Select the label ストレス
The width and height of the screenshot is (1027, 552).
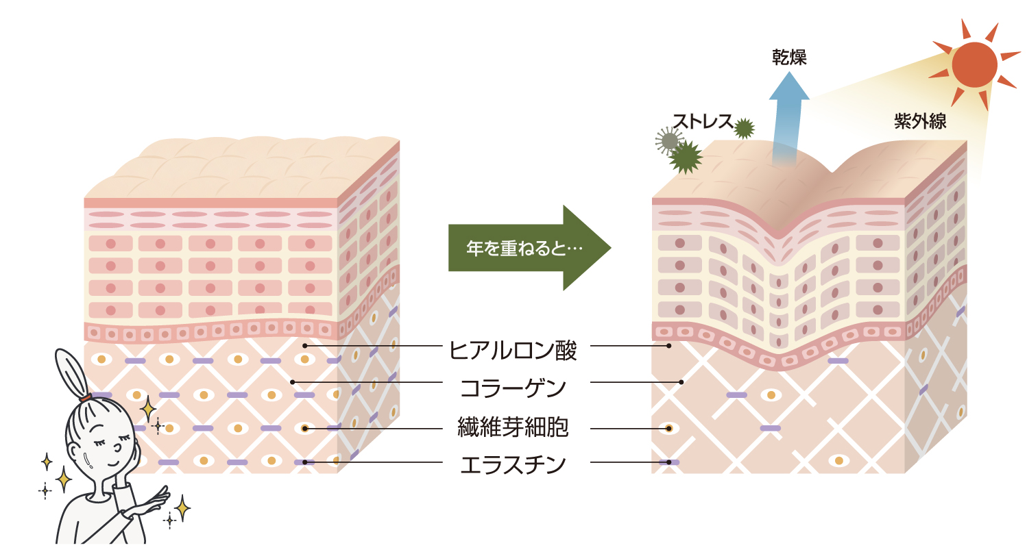point(703,121)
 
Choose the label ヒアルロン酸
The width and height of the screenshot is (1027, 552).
point(513,350)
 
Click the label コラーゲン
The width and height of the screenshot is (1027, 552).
point(513,388)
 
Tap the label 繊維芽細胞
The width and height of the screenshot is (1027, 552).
point(513,428)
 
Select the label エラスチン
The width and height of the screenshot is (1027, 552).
point(513,464)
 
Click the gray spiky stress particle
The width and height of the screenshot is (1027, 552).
point(668,140)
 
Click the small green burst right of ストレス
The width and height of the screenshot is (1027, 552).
point(744,128)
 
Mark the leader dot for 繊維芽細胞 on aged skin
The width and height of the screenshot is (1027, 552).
point(668,429)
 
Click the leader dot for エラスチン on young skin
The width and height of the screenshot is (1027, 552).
point(304,462)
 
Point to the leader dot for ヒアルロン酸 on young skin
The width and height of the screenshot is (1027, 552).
point(304,346)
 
